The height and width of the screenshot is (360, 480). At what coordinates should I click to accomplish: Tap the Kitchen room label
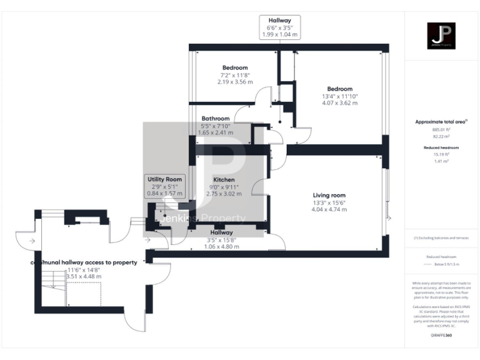click(223, 180)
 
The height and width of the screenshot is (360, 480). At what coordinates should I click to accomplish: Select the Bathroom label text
click(216, 118)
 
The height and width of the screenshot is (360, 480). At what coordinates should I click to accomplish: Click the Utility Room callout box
click(164, 186)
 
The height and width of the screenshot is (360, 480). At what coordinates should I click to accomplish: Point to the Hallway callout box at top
click(279, 28)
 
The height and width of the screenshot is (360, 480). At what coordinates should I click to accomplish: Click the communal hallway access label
click(84, 262)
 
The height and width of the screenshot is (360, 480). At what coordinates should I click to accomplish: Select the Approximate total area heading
click(441, 121)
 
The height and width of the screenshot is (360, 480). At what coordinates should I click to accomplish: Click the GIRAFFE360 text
click(441, 336)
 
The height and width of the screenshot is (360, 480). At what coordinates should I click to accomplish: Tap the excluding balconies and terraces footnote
click(441, 238)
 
